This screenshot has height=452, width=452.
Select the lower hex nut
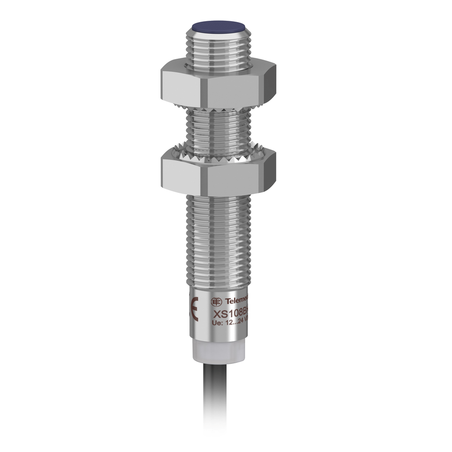[x=218, y=174]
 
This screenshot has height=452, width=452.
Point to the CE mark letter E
[x=194, y=309]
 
